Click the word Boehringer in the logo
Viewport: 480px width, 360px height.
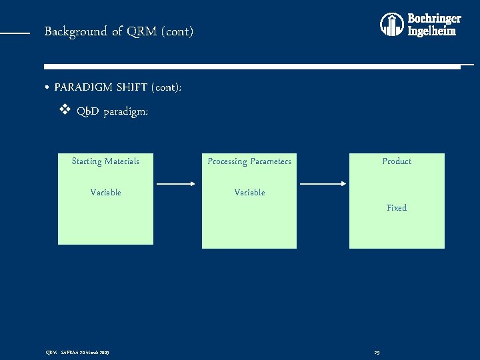point(433,19)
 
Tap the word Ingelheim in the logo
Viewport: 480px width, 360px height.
point(431,31)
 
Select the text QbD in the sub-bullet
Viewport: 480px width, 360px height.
point(88,111)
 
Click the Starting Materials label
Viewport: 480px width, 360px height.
point(105,161)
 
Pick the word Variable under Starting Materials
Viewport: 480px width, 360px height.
point(105,193)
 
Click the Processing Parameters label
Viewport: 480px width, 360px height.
point(249,161)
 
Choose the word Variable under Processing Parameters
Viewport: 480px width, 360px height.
point(249,193)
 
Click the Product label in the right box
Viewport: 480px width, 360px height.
point(397,161)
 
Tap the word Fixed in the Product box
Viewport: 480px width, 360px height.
point(397,208)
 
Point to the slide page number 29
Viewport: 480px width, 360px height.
point(377,352)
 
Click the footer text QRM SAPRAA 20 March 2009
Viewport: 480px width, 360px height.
point(77,352)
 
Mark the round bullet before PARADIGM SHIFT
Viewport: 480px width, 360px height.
point(47,88)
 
